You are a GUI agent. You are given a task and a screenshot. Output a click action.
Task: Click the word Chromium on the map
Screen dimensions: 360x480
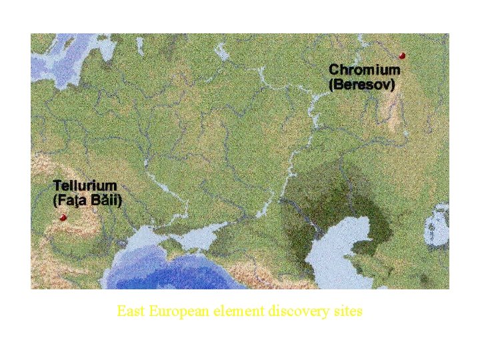point(365,69)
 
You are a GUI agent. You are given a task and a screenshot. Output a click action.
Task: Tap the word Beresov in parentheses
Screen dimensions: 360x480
point(363,85)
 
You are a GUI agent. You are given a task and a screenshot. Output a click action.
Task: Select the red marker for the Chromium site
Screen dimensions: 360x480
point(402,56)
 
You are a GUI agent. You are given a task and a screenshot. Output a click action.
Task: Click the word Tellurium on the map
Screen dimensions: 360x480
point(85,185)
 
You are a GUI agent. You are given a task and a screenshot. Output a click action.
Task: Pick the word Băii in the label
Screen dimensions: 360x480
point(105,200)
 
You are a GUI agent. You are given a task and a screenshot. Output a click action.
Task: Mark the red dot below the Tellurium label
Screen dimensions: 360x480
point(63,217)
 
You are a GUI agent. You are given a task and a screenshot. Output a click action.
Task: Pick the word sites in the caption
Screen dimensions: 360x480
point(348,311)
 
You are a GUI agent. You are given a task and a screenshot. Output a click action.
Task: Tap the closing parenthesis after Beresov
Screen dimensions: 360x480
point(393,85)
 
